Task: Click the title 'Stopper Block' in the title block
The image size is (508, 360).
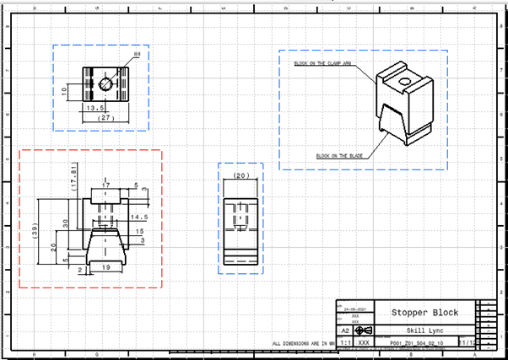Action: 425,313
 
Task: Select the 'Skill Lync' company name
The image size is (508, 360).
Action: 424,330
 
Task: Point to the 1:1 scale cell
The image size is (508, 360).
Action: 345,343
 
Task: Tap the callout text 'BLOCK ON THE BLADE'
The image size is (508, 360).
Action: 335,156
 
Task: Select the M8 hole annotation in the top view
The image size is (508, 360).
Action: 136,55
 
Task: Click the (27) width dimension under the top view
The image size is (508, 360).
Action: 105,118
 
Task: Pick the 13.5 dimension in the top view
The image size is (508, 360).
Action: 95,108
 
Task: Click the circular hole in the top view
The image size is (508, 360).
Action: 105,83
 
